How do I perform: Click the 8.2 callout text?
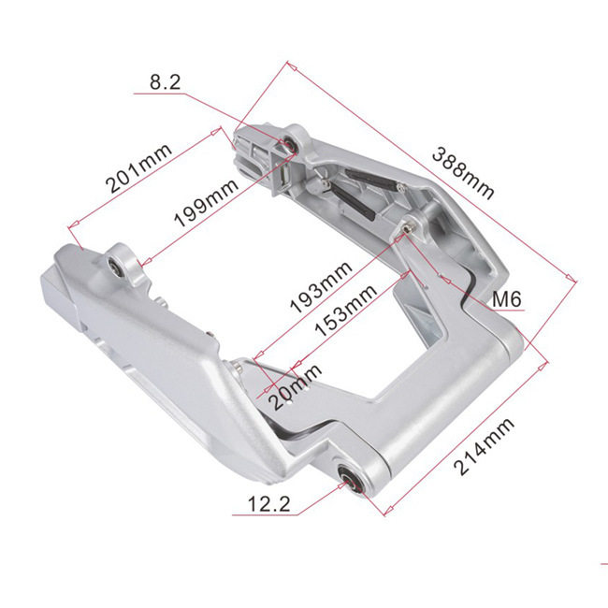tap(166, 82)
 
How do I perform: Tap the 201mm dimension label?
tap(138, 168)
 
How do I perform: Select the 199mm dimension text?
tap(206, 202)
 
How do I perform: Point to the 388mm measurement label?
tap(463, 173)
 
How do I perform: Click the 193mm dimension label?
tap(321, 287)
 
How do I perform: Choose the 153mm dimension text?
tap(345, 311)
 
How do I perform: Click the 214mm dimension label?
tap(484, 446)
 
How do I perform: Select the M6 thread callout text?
tap(506, 299)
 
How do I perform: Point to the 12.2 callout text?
tap(268, 504)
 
